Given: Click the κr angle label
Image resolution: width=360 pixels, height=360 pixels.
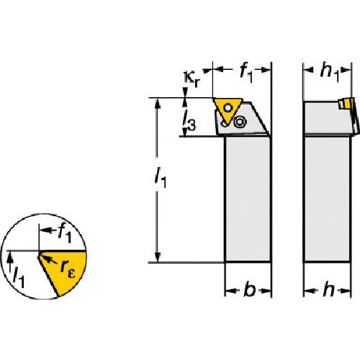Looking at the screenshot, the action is [x=192, y=78].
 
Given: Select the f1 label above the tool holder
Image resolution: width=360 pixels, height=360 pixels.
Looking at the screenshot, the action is [x=246, y=73].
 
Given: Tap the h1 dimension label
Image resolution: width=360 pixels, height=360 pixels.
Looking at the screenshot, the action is [x=330, y=73].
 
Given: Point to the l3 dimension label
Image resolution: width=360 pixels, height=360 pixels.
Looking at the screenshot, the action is [x=189, y=121].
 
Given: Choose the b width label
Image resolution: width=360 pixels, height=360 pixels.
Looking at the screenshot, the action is [x=250, y=289].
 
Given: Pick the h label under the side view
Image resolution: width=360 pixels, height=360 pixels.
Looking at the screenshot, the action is [x=328, y=289].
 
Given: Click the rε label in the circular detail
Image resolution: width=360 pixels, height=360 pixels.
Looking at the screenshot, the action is [x=68, y=269].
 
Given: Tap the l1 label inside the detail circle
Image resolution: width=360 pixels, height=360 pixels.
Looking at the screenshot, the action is [x=19, y=278].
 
